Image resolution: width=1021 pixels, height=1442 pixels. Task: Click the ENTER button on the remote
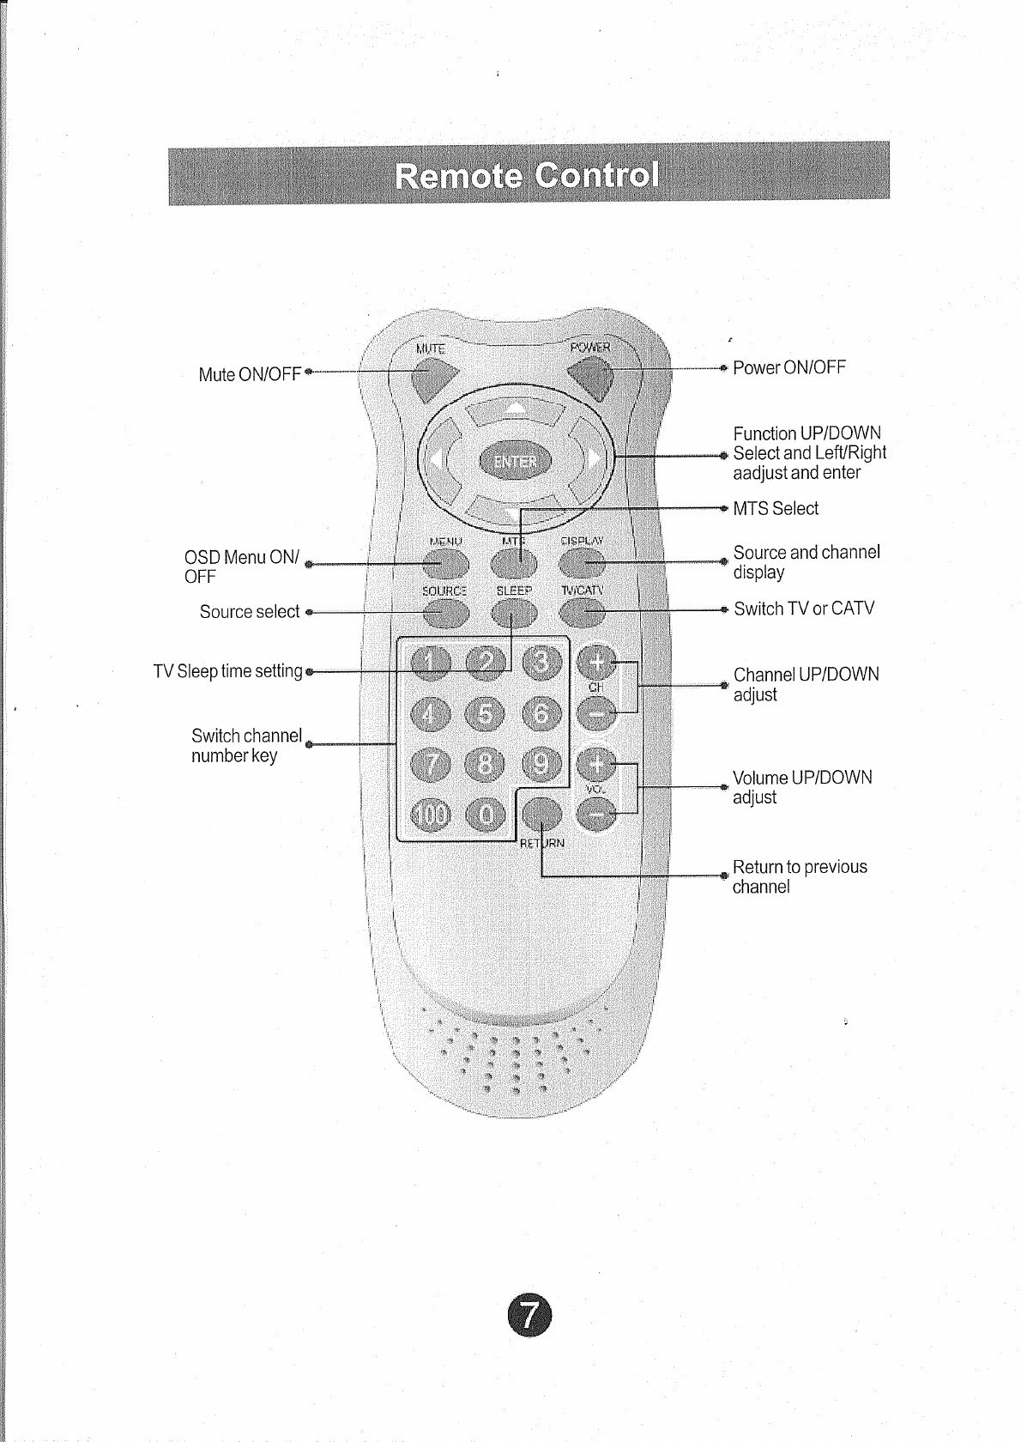point(515,462)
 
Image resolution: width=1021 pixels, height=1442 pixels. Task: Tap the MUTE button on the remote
point(432,378)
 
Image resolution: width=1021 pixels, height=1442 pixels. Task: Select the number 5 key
point(485,712)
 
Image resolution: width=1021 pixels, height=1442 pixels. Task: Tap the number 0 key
point(485,814)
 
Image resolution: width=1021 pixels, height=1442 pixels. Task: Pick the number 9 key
point(541,763)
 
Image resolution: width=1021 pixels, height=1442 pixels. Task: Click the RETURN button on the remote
point(542,814)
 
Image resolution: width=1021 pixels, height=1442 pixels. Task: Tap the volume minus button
point(597,814)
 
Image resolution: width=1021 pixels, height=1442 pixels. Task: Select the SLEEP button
point(514,613)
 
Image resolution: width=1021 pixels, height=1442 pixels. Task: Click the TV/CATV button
point(583,613)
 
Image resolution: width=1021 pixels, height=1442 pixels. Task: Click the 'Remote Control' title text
point(528,175)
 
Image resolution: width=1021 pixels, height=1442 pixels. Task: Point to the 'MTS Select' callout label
point(776,508)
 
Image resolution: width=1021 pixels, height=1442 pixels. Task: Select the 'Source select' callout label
point(249,612)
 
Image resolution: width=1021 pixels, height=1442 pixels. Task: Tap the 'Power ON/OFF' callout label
point(789,367)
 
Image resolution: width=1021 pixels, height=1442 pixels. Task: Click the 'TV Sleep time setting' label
point(228,671)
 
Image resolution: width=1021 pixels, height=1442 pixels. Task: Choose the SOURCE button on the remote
point(445,613)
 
